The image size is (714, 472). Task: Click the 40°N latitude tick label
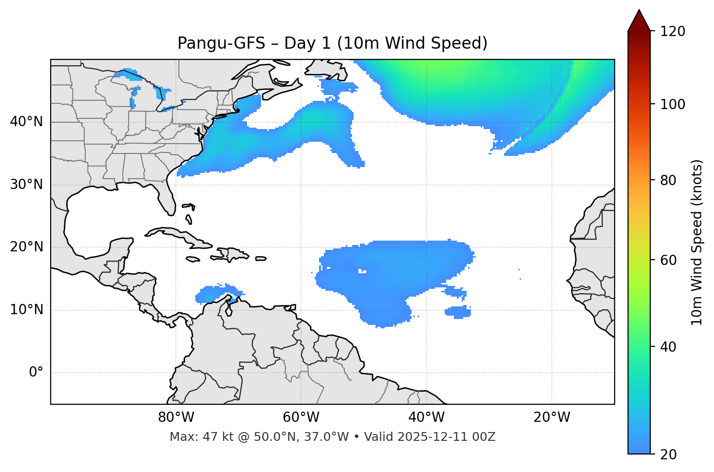(26, 122)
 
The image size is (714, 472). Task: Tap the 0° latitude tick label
(36, 373)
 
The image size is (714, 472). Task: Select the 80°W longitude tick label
(176, 417)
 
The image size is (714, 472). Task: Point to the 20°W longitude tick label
(552, 417)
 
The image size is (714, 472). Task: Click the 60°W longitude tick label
(301, 417)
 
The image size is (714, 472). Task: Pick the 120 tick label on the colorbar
(673, 31)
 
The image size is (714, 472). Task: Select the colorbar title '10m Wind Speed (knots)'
(697, 243)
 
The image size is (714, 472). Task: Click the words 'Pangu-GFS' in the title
(221, 43)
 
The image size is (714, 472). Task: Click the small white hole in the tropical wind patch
(362, 271)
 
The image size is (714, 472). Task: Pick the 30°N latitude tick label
(26, 185)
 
